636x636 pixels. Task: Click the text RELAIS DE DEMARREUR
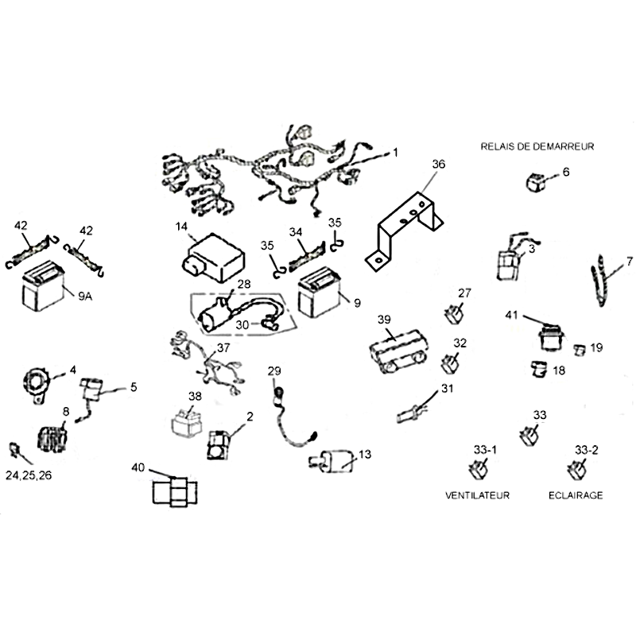tap(537, 146)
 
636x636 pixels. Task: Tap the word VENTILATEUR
tap(477, 494)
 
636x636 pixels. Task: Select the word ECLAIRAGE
tap(576, 494)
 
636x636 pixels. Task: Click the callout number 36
tap(439, 165)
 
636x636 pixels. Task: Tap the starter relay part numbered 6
tap(533, 181)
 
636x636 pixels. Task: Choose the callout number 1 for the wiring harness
tap(397, 151)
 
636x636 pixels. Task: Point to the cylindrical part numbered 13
tap(338, 460)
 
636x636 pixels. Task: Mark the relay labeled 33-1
tap(479, 469)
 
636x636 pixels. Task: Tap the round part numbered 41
tap(549, 338)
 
